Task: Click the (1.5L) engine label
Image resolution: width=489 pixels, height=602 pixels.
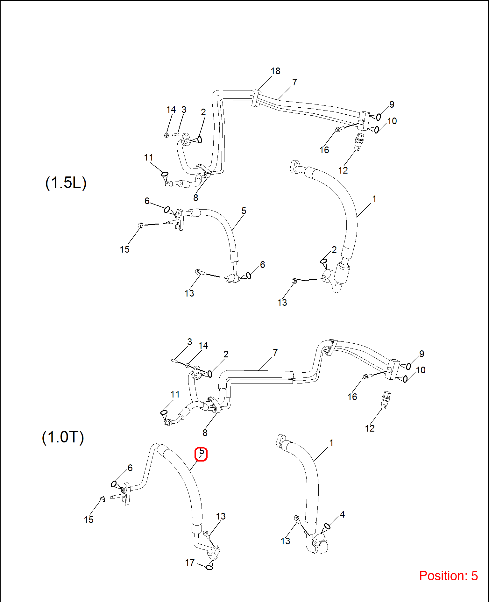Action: (66, 183)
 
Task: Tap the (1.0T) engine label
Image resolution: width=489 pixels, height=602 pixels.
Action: (63, 437)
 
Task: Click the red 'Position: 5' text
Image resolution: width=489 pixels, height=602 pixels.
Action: (448, 576)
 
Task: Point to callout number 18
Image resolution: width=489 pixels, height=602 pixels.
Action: (275, 71)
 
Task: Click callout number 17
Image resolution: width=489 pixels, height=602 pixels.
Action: (190, 563)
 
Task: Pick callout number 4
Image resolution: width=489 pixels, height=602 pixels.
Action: (342, 514)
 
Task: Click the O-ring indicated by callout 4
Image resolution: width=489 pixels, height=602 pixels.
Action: (327, 526)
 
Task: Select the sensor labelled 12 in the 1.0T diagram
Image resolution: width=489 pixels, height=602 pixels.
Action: (386, 399)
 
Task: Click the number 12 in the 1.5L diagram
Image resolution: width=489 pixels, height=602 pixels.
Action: (343, 170)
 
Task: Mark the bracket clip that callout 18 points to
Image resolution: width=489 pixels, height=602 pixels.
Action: (256, 98)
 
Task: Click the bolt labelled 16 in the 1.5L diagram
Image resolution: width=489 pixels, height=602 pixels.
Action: (338, 129)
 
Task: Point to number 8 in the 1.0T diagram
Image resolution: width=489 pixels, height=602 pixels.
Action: (205, 433)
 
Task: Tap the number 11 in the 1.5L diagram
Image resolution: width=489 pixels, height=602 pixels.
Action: (148, 158)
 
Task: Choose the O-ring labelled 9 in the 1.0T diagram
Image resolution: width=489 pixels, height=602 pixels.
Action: (408, 367)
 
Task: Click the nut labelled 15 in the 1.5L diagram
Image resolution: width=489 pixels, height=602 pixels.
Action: (140, 226)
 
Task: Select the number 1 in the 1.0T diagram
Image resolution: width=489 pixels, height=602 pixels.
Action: (331, 443)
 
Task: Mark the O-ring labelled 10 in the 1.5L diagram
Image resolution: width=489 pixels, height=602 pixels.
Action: (377, 130)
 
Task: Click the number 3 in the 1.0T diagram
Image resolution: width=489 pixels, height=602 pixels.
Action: (189, 342)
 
